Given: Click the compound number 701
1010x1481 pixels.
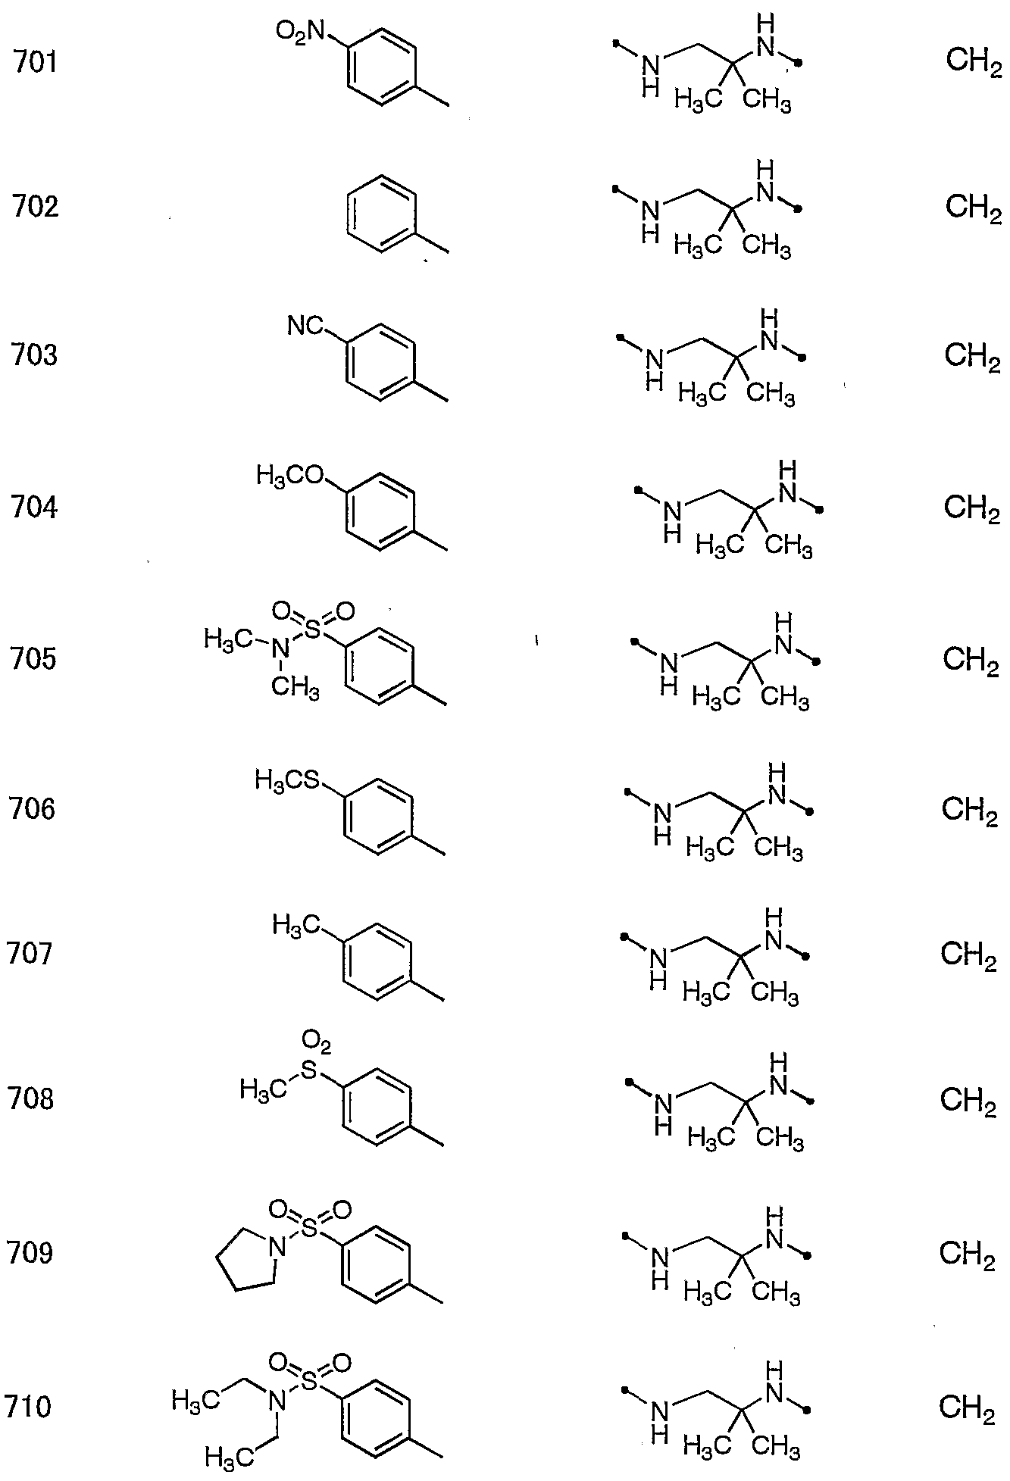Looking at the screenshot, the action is coord(35,61).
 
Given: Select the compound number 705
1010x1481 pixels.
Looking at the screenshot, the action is coord(33,659).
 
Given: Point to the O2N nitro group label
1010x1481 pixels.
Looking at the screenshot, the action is coord(301,31).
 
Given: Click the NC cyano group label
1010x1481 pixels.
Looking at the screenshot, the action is coord(305,327).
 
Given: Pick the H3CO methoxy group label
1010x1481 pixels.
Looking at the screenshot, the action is coord(290,476).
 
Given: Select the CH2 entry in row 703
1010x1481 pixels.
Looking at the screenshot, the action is coord(972,355).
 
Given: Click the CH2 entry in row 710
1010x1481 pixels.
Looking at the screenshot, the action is coord(967,1408).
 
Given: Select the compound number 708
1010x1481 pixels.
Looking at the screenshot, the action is coord(31,1098).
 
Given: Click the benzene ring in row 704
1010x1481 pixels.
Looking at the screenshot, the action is coord(380,511).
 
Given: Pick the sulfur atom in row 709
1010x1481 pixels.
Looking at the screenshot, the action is coord(309,1230).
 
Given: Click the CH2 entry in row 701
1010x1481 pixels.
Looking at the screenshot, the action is coord(974,61).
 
